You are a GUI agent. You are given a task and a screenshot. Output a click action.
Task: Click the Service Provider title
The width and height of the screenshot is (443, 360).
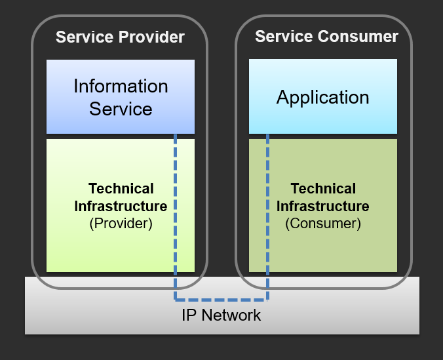(120, 37)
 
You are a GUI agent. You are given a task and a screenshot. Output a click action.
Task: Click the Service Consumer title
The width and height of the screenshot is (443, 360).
(326, 36)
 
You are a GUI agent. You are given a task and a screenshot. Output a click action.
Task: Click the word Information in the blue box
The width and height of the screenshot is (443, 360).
(121, 86)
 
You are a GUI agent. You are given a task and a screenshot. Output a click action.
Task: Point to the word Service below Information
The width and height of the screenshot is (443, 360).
(121, 108)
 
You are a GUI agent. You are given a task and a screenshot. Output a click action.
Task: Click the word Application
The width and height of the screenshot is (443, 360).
(322, 98)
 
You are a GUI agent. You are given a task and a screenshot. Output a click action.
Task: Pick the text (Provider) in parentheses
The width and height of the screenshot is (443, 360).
(121, 223)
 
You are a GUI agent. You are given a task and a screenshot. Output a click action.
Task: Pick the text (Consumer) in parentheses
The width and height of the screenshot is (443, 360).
(322, 223)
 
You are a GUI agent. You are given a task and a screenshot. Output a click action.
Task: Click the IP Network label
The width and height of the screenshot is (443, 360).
(221, 315)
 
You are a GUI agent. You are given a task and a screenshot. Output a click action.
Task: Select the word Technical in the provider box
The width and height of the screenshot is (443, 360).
(121, 189)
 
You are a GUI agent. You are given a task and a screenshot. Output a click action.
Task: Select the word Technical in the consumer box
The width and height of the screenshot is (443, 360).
(322, 189)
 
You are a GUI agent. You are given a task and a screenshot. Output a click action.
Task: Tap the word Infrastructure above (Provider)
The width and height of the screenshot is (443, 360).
(121, 206)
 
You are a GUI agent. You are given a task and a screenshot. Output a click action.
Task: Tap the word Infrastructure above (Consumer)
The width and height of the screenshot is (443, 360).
(322, 206)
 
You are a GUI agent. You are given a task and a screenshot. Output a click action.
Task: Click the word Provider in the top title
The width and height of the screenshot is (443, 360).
(151, 37)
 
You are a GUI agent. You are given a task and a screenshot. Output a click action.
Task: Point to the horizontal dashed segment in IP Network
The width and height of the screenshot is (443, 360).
(221, 300)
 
